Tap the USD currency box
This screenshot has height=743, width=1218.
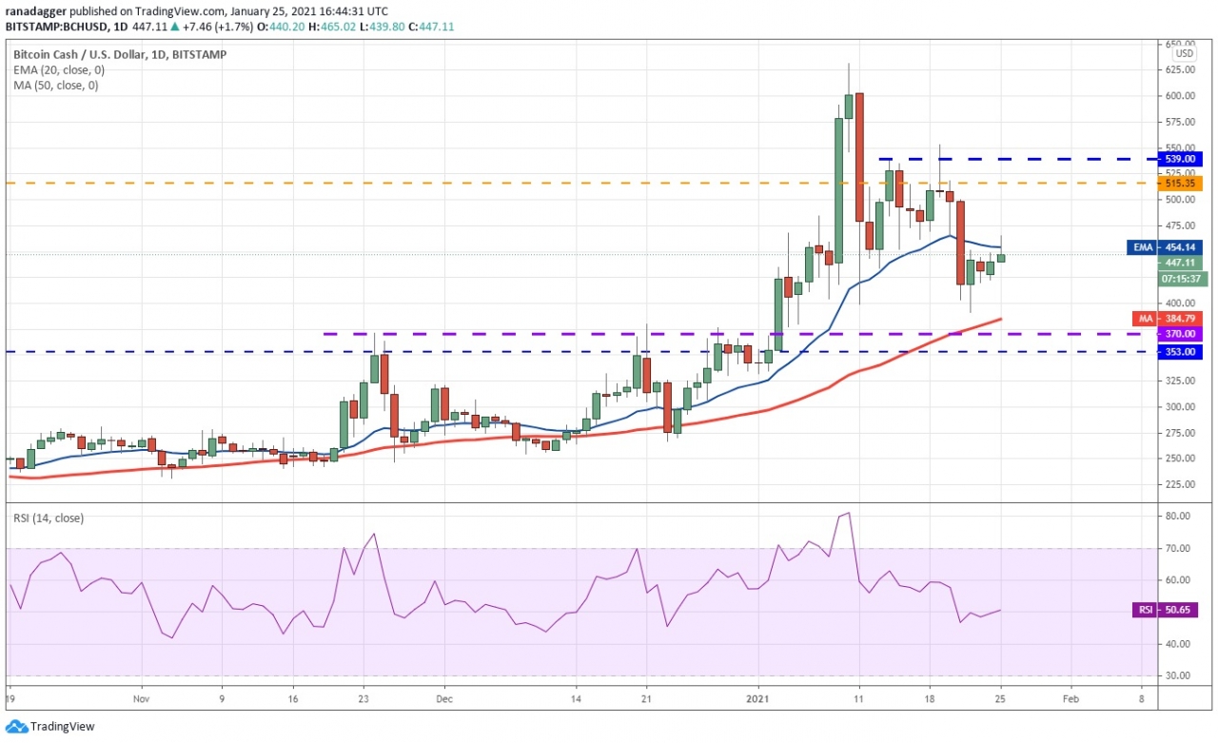click(x=1184, y=54)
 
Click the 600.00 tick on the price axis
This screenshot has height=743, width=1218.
click(x=1182, y=96)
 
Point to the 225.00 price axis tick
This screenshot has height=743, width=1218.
click(x=1182, y=484)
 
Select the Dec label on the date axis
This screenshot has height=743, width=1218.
click(x=443, y=697)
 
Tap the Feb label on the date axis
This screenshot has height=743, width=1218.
click(x=1069, y=697)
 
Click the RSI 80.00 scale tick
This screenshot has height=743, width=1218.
click(x=1178, y=517)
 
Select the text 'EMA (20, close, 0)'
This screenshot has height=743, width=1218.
click(x=59, y=70)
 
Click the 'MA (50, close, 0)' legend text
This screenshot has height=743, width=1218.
click(x=55, y=86)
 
